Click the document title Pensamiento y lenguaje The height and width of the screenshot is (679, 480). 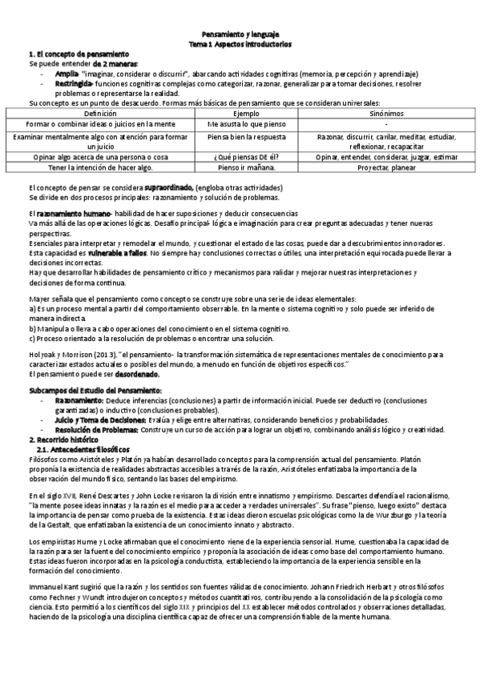click(x=240, y=36)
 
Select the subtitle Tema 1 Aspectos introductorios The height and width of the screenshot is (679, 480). click(x=240, y=45)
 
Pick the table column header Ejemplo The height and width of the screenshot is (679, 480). click(x=240, y=115)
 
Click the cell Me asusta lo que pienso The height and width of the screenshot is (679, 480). click(x=240, y=125)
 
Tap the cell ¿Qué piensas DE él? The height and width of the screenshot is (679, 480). click(x=240, y=157)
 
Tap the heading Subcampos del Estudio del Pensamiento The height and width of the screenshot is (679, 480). click(x=95, y=390)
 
